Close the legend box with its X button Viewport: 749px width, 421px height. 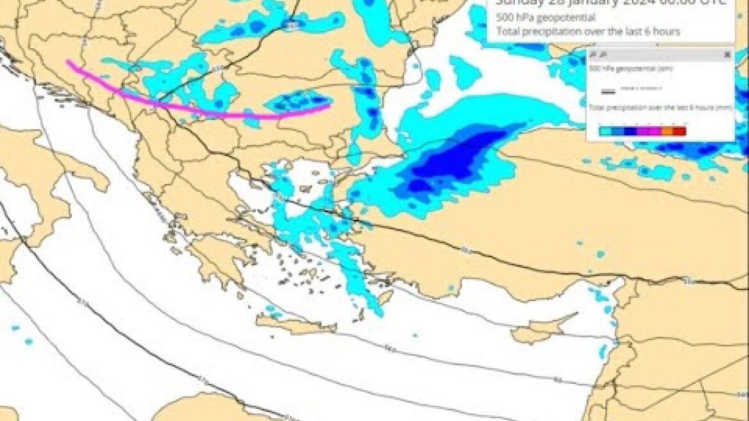tap(727, 55)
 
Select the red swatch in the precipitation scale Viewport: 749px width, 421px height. tap(679, 131)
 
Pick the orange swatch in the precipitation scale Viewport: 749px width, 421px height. tap(667, 131)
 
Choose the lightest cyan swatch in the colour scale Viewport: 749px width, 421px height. tap(605, 131)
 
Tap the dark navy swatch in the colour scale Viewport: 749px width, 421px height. tap(630, 131)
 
